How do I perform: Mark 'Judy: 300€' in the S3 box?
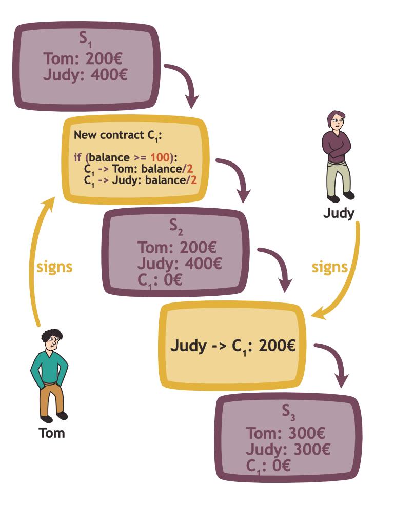click(288, 450)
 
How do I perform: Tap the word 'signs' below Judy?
click(330, 267)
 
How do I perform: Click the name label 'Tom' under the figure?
click(52, 433)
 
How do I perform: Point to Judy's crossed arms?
click(338, 151)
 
